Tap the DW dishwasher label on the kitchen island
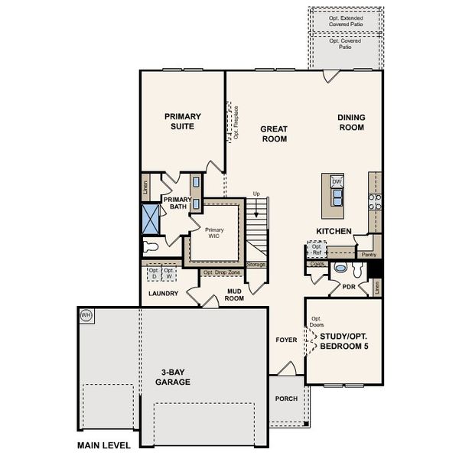(x=337, y=181)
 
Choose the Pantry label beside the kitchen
(x=369, y=254)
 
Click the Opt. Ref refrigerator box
(x=316, y=250)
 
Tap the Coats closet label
(x=317, y=264)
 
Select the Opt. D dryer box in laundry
(x=154, y=272)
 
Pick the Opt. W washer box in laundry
(x=169, y=272)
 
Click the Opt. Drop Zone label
(x=222, y=272)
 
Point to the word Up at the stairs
(x=256, y=194)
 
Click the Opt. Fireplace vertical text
(x=236, y=122)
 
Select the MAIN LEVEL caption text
(x=103, y=444)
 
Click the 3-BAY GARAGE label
(x=172, y=376)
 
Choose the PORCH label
(x=286, y=399)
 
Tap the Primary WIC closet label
(x=214, y=233)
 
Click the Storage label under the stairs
(x=256, y=265)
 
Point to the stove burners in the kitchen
(x=375, y=202)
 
